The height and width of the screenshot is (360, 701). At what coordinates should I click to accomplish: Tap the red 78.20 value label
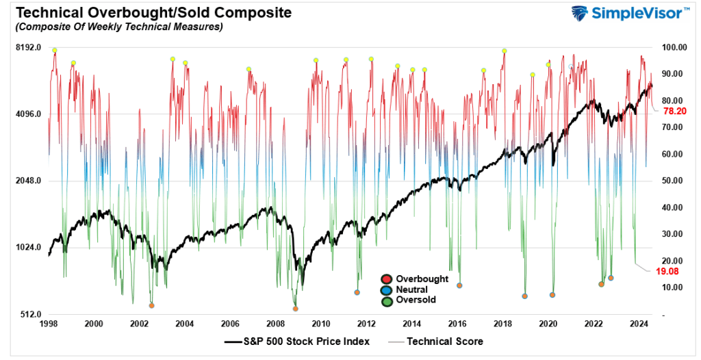675,111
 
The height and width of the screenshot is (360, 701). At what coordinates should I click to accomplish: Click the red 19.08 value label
667,272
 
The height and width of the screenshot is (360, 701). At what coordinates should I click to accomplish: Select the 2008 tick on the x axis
276,324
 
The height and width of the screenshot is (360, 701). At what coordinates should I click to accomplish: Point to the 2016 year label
457,324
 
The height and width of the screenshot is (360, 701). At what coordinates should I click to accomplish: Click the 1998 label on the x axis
49,324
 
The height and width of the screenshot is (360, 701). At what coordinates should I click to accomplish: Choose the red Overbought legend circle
387,279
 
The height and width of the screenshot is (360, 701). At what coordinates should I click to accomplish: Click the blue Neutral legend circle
387,290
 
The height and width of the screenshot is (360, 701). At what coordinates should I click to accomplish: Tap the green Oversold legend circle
387,300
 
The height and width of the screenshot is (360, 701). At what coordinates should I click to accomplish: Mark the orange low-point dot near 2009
296,309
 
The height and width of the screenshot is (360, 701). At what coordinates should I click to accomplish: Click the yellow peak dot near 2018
504,51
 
